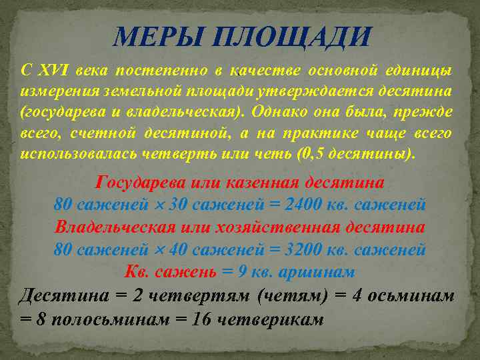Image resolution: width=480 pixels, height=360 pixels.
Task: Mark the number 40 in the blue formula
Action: coord(179,250)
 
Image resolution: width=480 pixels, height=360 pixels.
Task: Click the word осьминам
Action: coord(414,295)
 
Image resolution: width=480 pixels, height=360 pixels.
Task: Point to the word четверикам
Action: coord(270,318)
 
